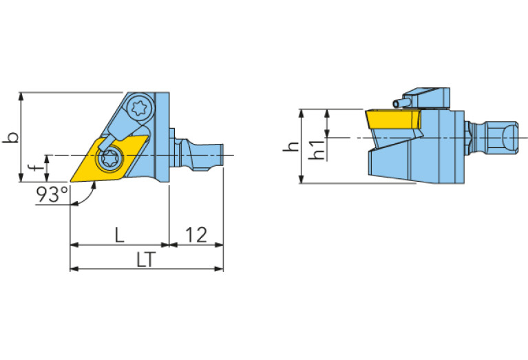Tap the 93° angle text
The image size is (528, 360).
coord(52,195)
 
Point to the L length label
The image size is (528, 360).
coord(119,235)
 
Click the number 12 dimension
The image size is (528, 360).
coord(196,235)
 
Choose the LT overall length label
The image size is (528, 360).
coord(145,260)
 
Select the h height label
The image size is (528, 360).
coord(293,147)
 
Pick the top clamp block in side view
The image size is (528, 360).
coord(427,98)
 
